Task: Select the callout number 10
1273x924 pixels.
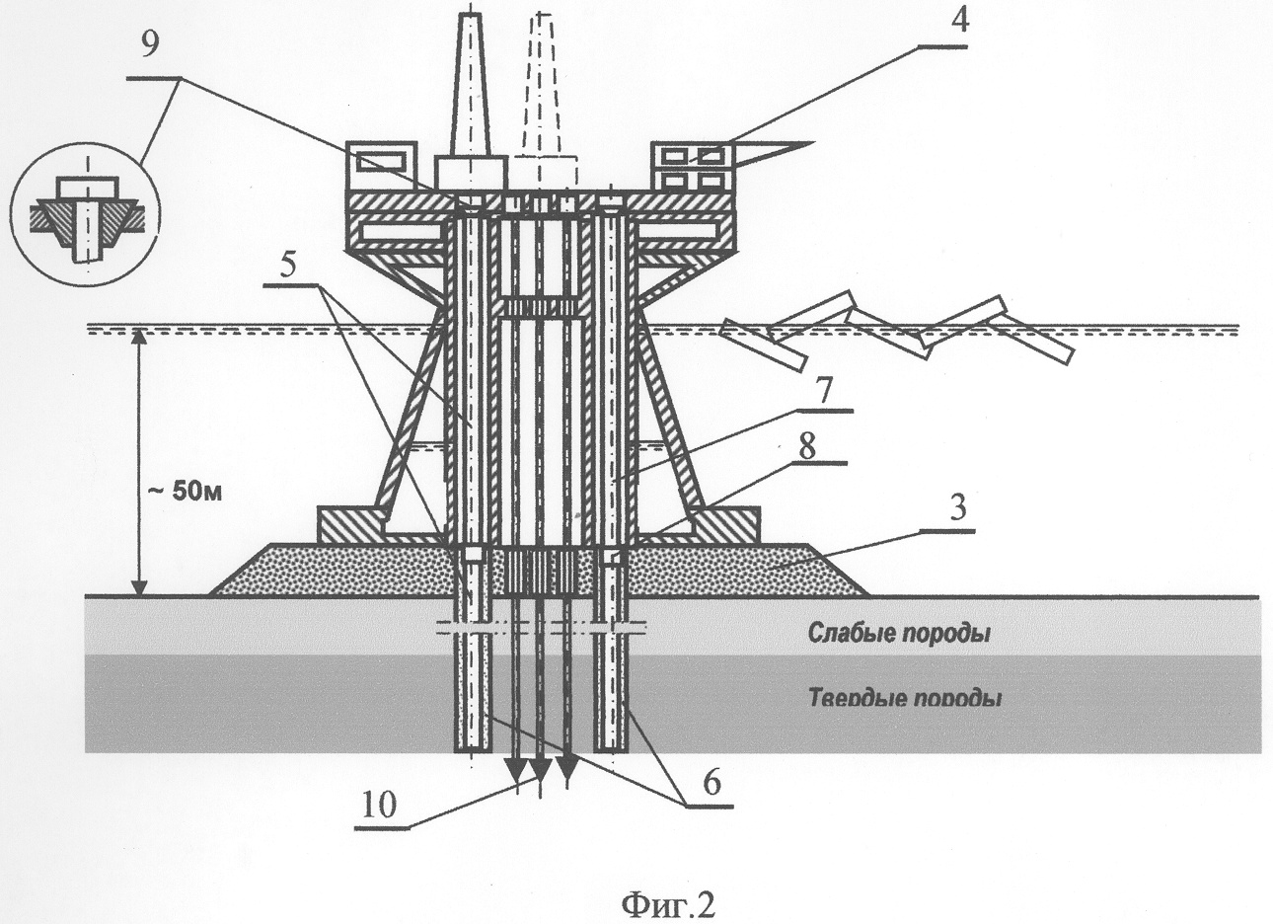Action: click(x=380, y=805)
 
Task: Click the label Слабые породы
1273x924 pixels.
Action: click(x=899, y=633)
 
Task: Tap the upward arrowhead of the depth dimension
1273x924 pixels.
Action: click(x=140, y=338)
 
